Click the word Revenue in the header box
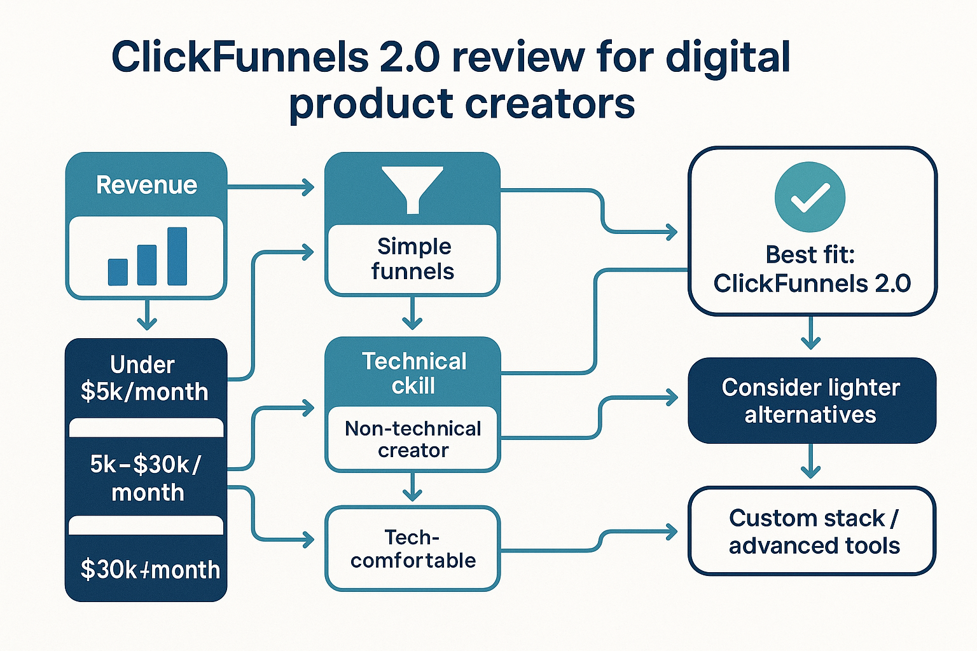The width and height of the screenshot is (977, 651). (x=146, y=185)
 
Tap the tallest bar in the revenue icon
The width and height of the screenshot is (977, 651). (x=177, y=256)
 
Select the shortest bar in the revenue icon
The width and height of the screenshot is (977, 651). (x=118, y=271)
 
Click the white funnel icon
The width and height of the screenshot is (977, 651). (x=412, y=189)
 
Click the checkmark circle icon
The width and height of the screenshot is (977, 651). (x=810, y=197)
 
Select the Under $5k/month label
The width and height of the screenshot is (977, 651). (x=144, y=378)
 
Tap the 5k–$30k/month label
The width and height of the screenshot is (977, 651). (x=146, y=478)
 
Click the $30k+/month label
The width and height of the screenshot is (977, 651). (x=149, y=570)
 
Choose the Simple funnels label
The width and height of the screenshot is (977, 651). (x=413, y=259)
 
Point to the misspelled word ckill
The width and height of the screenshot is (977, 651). (x=413, y=386)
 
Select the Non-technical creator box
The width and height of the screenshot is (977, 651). (x=413, y=439)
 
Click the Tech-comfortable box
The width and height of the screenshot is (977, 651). (x=413, y=549)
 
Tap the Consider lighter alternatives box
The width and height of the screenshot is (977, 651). (x=811, y=401)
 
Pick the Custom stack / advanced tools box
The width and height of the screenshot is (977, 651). (x=812, y=531)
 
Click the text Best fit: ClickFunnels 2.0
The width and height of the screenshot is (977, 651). (x=811, y=269)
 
